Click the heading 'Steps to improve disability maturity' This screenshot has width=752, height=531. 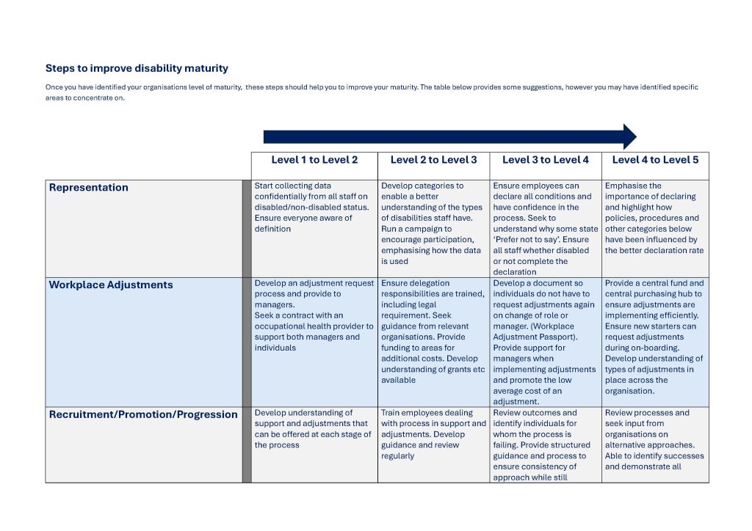coord(137,68)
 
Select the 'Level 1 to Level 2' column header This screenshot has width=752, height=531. coord(314,160)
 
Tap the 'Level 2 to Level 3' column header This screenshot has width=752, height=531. coord(433,160)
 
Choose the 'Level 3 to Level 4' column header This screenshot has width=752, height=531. coord(545,160)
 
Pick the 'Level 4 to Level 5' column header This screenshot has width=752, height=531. coord(655,160)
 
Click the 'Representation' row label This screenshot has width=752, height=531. coord(88,188)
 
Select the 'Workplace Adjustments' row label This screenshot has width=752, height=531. coord(111,285)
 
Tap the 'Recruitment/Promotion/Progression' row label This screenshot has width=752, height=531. coord(143,414)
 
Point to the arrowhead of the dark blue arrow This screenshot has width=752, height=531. coord(629,137)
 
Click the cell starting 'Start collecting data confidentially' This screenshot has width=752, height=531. coord(311,208)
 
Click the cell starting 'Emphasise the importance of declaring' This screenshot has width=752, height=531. coord(654,218)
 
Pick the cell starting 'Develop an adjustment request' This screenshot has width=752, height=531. coord(314,315)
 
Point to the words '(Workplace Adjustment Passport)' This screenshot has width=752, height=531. coord(535,332)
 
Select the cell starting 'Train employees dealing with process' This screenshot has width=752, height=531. coord(433,434)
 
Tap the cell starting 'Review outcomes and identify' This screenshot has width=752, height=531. coord(543,444)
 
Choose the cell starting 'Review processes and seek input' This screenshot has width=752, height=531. coord(654,439)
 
